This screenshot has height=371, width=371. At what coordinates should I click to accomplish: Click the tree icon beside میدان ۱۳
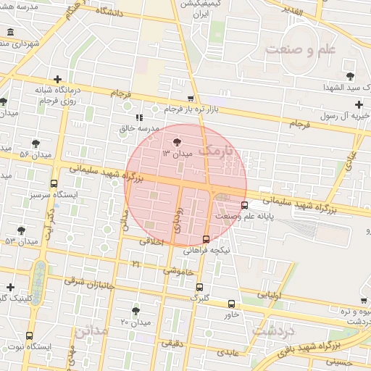(x=178, y=142)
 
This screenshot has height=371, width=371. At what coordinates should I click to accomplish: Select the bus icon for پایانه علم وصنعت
(x=244, y=204)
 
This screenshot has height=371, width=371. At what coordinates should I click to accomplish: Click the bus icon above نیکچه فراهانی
(x=207, y=238)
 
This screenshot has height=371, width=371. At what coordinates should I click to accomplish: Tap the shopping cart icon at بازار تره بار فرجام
(x=191, y=99)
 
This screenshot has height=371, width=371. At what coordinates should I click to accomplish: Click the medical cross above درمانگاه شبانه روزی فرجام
(x=57, y=79)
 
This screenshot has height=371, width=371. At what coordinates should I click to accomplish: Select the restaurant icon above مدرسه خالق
(x=139, y=117)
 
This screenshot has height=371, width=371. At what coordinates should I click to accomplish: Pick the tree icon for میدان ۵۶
(x=36, y=143)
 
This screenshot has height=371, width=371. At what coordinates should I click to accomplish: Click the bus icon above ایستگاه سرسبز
(x=54, y=184)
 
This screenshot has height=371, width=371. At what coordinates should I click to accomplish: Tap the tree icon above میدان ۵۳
(x=21, y=230)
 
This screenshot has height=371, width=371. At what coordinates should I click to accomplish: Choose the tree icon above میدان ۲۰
(x=136, y=310)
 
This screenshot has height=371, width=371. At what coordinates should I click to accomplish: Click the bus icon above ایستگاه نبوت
(x=29, y=335)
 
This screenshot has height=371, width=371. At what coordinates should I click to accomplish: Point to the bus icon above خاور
(x=231, y=304)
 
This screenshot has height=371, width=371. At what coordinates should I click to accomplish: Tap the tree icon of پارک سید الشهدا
(x=351, y=75)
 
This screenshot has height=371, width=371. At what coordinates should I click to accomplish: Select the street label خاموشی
(x=178, y=270)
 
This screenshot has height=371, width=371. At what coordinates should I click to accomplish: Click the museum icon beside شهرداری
(x=10, y=33)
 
